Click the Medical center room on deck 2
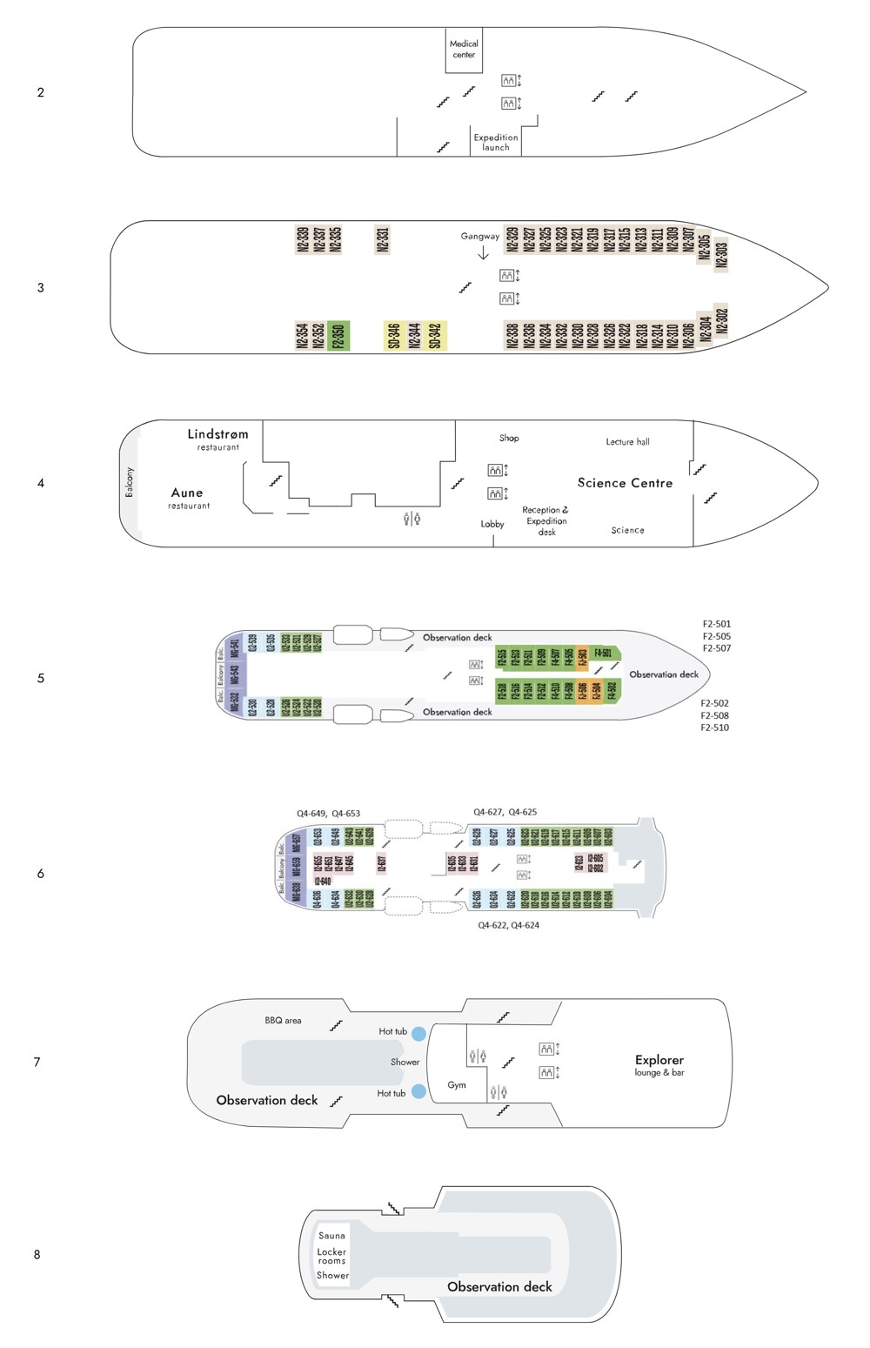click(x=464, y=49)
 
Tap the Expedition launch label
click(x=495, y=142)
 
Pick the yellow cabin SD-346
click(x=394, y=334)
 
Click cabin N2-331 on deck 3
click(x=382, y=239)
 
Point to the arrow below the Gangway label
click(x=483, y=252)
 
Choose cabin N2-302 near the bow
click(x=720, y=322)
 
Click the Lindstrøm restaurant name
click(x=217, y=434)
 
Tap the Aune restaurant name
click(x=187, y=493)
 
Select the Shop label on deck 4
click(x=509, y=438)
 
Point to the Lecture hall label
click(x=627, y=442)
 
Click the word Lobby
click(x=492, y=524)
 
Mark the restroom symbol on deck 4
click(x=412, y=520)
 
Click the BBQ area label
click(x=283, y=1020)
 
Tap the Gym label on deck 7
click(x=457, y=1085)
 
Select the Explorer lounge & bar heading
click(x=659, y=1061)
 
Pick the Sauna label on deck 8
click(x=331, y=1235)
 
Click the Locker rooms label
click(x=331, y=1256)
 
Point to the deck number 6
click(x=40, y=873)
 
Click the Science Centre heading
click(x=625, y=483)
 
